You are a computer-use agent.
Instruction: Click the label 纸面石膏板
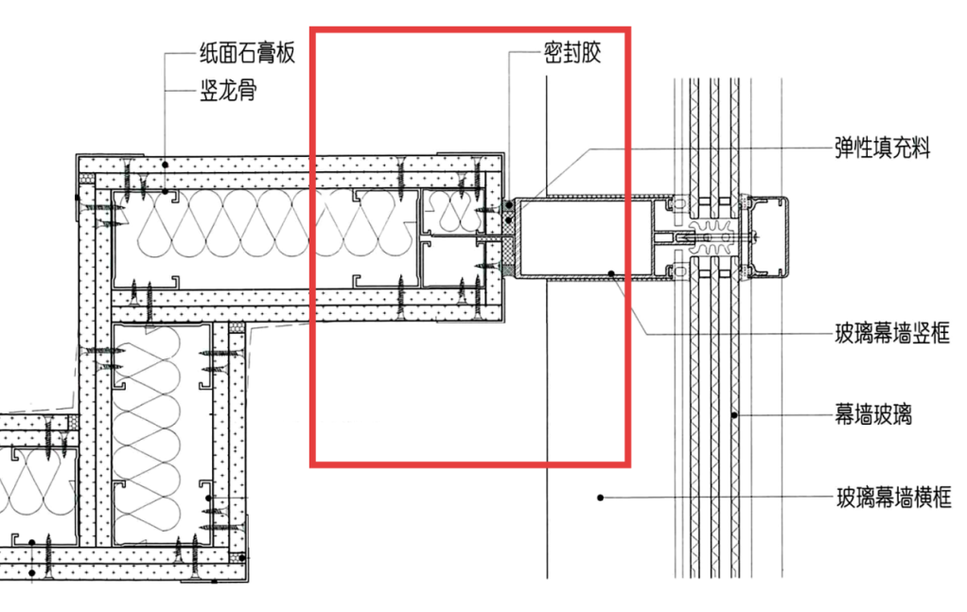(248, 53)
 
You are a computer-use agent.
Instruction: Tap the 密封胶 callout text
(573, 53)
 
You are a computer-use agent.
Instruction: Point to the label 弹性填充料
(882, 148)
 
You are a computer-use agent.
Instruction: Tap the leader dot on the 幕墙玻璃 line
(734, 414)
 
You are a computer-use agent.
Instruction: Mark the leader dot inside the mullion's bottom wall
(612, 274)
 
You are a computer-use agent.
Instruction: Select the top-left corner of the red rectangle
(313, 29)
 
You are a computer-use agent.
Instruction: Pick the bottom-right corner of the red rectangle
(628, 463)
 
